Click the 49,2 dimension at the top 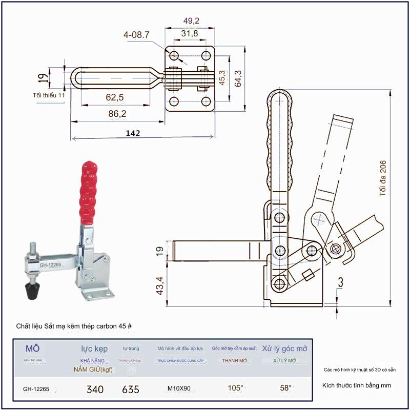[x=191, y=21]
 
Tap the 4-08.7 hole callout [x=136, y=35]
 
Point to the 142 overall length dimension [x=133, y=133]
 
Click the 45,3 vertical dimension [x=222, y=78]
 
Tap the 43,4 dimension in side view [x=159, y=285]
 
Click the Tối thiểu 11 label [x=49, y=95]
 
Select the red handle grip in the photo [x=89, y=193]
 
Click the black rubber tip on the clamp [x=32, y=291]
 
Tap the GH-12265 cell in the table [x=36, y=389]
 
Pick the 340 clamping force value [x=95, y=389]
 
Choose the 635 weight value [x=131, y=389]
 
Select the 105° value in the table [x=235, y=388]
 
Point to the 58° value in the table [x=285, y=388]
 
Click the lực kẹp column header [x=94, y=349]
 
